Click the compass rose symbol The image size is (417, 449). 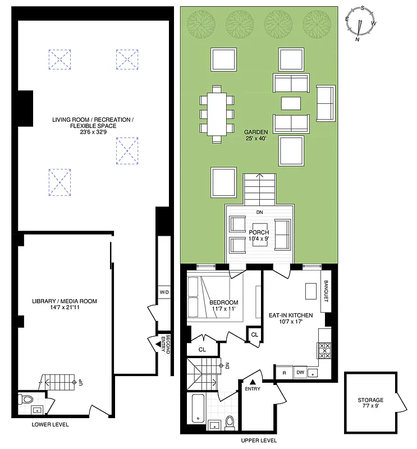point(360,24)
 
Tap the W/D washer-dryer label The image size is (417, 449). point(164,292)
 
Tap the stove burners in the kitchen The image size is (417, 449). point(325,351)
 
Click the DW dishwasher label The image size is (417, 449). point(300,372)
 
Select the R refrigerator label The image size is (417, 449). point(284,372)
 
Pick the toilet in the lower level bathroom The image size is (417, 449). point(25,400)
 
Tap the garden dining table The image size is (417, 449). point(217,114)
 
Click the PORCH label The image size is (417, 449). point(259,232)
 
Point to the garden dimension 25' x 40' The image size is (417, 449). point(256,139)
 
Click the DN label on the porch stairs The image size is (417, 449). point(259,213)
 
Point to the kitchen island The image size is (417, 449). point(309,291)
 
